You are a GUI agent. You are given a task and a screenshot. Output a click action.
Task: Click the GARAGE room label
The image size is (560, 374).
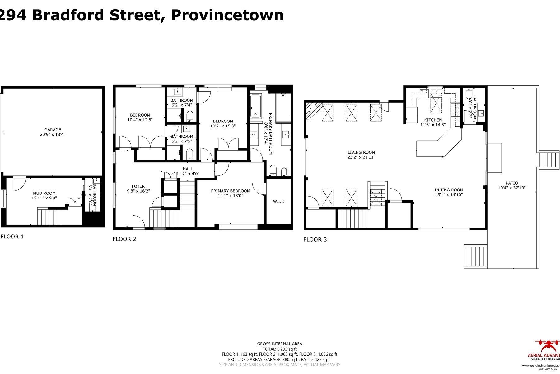coord(53,130)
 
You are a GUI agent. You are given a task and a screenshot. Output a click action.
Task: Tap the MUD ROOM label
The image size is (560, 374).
coord(44,193)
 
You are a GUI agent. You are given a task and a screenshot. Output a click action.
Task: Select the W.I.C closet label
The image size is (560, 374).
coord(278,201)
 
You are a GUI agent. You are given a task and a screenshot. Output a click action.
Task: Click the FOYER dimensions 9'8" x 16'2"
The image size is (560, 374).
coord(138,191)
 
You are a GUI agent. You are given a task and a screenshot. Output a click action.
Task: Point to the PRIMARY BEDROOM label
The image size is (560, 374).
coord(230,191)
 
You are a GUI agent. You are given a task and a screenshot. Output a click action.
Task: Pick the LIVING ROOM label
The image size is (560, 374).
coord(361,152)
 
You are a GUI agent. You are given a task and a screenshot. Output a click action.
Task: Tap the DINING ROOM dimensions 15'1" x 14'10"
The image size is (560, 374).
coord(449,195)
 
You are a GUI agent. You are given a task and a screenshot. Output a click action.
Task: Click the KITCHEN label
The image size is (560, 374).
coord(433,120)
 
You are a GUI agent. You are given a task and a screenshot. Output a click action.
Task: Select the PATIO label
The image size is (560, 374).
coord(511,183)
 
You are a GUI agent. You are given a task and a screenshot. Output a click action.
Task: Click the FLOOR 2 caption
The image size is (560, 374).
coord(124,239)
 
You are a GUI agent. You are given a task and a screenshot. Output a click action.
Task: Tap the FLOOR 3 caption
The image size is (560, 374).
coord(315,239)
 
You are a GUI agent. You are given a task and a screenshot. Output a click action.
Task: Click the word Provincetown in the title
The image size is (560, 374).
coord(227,15)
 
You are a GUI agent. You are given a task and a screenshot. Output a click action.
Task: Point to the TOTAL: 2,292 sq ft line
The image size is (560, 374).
coord(279,349)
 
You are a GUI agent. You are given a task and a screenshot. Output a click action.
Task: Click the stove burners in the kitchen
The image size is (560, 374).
coord(455,110)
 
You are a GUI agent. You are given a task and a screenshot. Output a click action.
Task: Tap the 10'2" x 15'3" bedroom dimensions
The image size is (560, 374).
coord(223,126)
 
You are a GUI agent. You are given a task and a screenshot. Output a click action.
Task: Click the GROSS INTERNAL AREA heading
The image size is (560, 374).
coord(279,344)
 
